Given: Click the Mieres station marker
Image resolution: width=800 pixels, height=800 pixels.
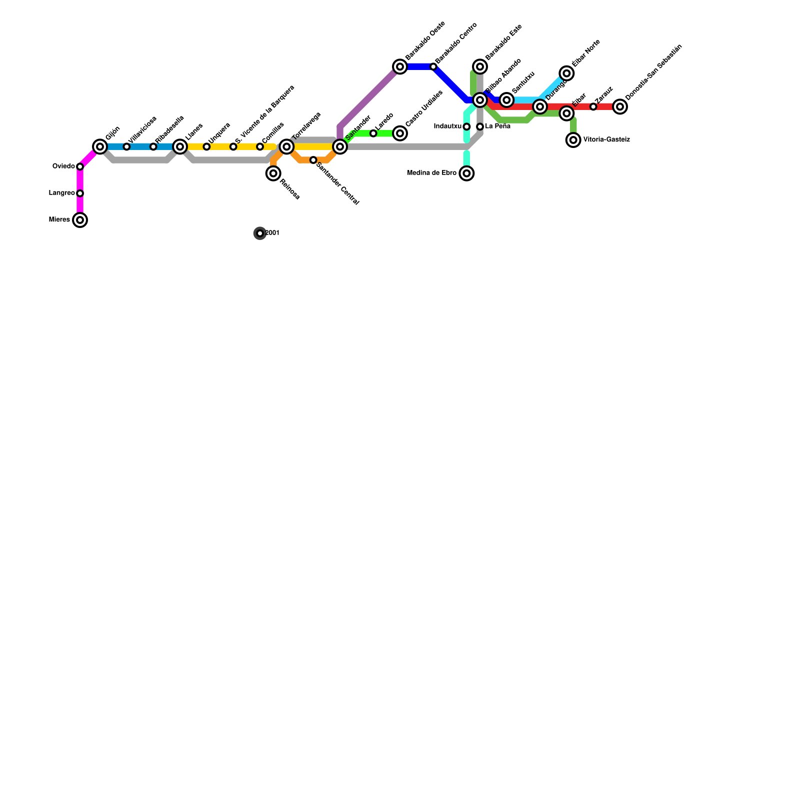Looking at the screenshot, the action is [x=80, y=220].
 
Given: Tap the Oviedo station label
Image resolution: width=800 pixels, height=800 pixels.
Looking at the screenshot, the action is [x=63, y=166].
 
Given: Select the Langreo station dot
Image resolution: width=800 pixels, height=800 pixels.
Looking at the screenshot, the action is [x=80, y=193].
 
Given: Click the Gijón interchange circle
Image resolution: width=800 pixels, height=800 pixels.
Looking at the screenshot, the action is [x=100, y=146].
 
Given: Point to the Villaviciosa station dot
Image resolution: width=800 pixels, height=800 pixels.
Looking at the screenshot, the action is [x=126, y=146].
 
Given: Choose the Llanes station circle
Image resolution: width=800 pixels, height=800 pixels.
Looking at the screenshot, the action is [x=180, y=146].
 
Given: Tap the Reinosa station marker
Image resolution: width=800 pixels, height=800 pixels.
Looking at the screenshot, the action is [x=273, y=173].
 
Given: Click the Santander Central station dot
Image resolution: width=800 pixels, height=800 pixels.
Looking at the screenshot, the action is [x=313, y=160].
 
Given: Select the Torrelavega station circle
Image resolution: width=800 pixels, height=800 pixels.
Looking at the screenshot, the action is [x=286, y=146].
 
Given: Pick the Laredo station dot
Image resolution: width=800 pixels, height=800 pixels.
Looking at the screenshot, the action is [x=373, y=133].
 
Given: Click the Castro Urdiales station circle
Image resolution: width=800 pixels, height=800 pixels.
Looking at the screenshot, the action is [x=400, y=133].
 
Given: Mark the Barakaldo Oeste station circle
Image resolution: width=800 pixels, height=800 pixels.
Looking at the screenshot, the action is [x=400, y=66].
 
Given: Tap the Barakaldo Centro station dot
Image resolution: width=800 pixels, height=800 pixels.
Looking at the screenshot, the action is [x=433, y=66].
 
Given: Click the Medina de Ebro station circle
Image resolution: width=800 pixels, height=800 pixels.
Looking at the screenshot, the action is [x=466, y=173].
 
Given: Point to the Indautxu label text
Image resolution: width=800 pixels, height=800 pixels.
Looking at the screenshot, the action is [x=447, y=126].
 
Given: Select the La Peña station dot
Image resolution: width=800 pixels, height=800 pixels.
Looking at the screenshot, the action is [x=480, y=126].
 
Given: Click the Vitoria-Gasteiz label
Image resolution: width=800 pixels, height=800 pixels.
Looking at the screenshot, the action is [x=606, y=140].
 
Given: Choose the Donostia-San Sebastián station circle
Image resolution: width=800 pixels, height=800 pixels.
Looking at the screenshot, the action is [x=620, y=106].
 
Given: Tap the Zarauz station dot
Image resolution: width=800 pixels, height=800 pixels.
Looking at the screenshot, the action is [x=593, y=106].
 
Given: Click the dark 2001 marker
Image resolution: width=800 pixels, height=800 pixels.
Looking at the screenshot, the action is [x=260, y=233].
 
